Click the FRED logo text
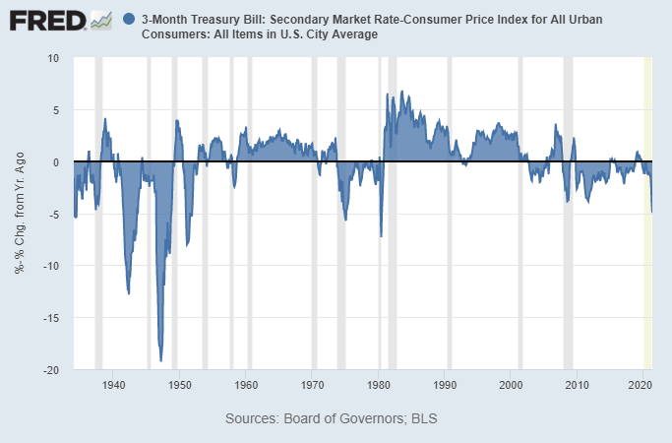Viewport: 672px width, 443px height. point(49,20)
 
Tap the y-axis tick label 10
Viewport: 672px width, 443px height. point(53,58)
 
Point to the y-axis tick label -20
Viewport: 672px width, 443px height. point(51,370)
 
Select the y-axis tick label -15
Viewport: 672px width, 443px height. point(51,318)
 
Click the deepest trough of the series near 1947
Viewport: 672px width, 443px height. point(160,360)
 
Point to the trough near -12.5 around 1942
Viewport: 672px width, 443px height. point(129,292)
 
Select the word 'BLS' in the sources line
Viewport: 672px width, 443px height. point(423,418)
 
